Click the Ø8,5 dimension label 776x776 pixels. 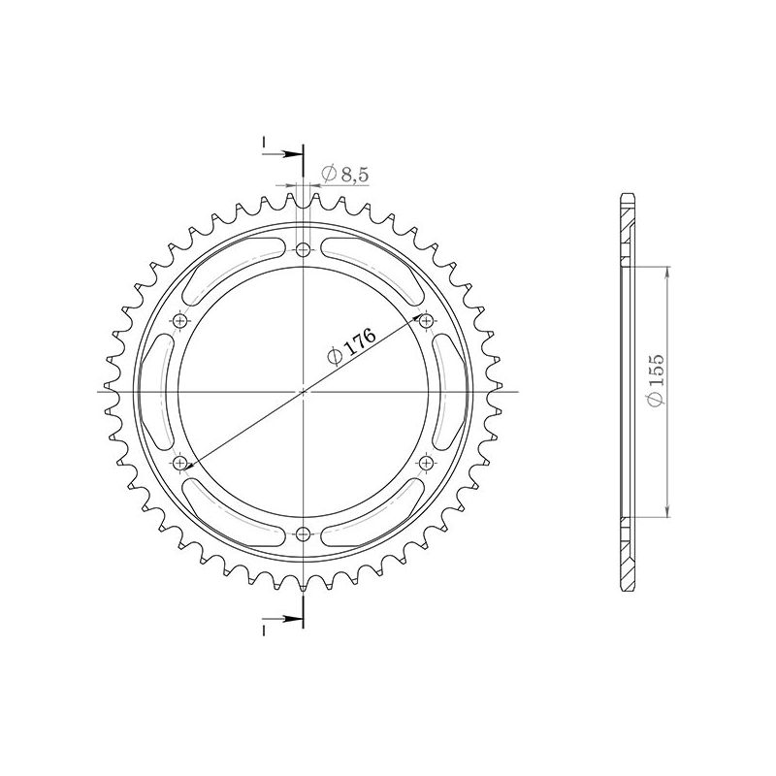(342, 174)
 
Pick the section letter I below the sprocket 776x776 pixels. (264, 630)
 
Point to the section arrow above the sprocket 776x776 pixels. (292, 154)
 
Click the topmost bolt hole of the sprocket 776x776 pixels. (304, 251)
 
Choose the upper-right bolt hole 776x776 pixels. (426, 321)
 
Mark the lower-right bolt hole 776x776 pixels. (426, 462)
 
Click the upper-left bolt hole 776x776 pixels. (181, 321)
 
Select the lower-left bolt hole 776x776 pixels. (181, 462)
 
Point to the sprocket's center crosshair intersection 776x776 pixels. (304, 392)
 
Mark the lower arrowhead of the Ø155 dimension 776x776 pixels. (667, 512)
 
